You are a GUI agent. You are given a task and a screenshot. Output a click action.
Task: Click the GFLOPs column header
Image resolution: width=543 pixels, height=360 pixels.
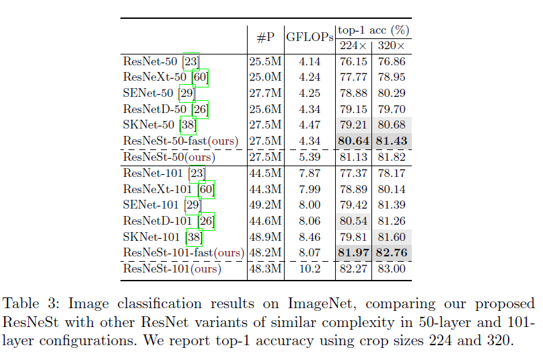(x=310, y=38)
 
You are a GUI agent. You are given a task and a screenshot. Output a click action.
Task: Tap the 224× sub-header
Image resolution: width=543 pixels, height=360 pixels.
(x=353, y=46)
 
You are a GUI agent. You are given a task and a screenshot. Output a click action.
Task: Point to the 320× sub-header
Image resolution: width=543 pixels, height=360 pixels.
(x=391, y=46)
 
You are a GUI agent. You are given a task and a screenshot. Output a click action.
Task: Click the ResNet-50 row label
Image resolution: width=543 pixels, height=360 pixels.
(x=150, y=61)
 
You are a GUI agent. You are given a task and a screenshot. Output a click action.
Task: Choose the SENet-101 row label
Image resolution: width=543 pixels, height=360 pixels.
(x=153, y=205)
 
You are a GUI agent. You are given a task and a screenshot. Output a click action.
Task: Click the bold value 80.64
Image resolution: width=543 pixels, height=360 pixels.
(x=353, y=141)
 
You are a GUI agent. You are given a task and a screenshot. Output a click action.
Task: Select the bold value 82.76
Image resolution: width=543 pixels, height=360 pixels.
(x=391, y=253)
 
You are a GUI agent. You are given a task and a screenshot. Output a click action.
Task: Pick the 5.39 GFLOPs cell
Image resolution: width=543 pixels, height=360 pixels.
(x=309, y=157)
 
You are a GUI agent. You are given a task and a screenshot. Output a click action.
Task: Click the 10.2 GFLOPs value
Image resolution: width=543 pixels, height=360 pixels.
(x=309, y=269)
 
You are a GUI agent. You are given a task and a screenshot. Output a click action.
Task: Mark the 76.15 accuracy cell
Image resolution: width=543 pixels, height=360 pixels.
(x=353, y=61)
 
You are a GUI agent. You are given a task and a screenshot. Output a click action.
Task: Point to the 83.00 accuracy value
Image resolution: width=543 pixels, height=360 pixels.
(x=391, y=269)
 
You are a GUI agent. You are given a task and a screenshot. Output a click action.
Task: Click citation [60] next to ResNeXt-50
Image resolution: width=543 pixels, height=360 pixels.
(x=200, y=77)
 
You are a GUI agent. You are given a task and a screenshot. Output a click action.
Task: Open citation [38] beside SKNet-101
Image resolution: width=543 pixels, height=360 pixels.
(x=194, y=237)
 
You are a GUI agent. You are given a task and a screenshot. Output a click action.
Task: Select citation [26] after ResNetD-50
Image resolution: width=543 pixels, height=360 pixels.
(x=201, y=109)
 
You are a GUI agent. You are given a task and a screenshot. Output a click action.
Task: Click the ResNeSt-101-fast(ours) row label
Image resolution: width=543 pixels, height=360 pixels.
(x=183, y=253)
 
